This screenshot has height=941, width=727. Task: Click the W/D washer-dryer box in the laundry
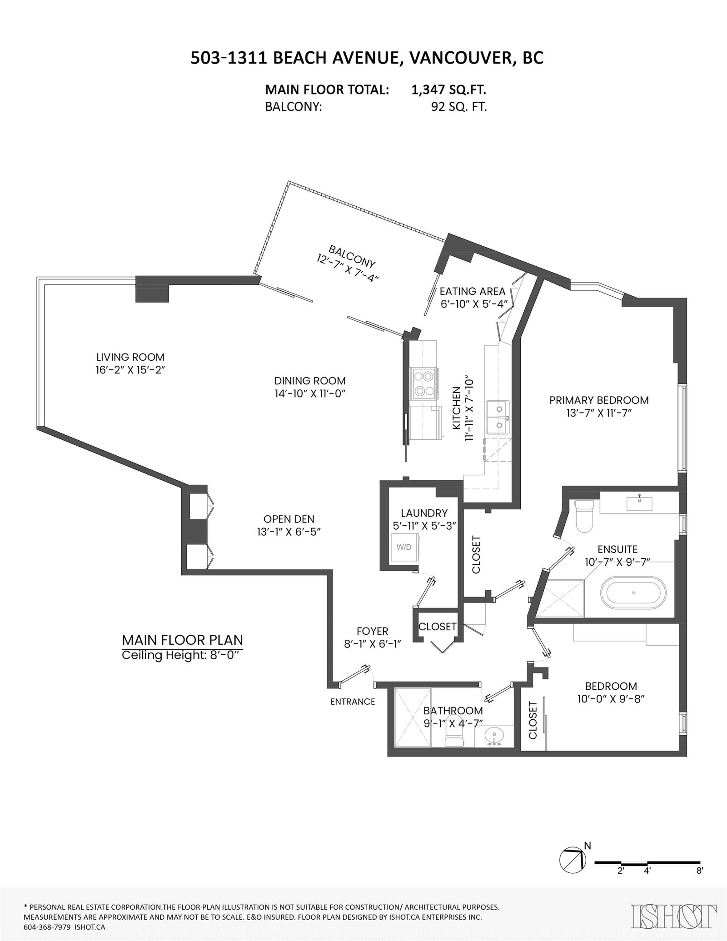404,547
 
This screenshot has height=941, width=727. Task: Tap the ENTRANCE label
353,702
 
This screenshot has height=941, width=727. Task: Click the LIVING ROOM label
130,357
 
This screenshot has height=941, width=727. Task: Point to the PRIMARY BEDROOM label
599,400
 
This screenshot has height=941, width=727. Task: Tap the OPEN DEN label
289,519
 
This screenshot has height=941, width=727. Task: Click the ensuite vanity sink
639,503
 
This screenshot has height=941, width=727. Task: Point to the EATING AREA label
473,291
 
